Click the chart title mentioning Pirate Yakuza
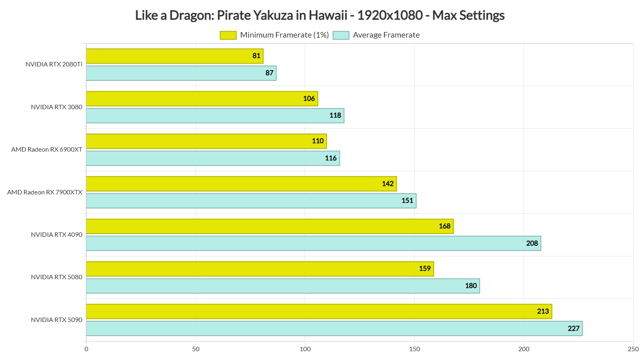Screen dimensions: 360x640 point(320,15)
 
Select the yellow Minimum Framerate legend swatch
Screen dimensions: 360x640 point(228,35)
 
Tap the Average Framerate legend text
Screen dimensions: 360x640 point(386,35)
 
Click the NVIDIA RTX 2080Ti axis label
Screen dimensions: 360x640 point(54,64)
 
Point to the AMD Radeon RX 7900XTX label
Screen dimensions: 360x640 point(45,192)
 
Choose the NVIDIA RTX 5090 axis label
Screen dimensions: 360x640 point(57,320)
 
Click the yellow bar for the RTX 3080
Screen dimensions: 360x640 point(202,99)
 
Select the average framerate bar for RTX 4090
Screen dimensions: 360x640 point(313,243)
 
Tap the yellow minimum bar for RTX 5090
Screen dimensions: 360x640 point(319,312)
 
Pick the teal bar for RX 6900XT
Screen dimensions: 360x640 point(213,158)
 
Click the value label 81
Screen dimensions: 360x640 point(256,56)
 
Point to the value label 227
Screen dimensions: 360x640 point(574,328)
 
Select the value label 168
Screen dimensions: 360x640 point(444,226)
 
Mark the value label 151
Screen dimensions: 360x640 point(407,201)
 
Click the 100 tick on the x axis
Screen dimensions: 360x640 point(305,349)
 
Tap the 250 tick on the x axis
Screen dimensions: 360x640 point(633,349)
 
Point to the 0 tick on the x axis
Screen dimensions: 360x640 point(86,349)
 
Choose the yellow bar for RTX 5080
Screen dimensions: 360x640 point(260,269)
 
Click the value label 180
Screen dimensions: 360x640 point(471,286)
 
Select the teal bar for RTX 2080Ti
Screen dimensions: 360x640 point(181,73)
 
